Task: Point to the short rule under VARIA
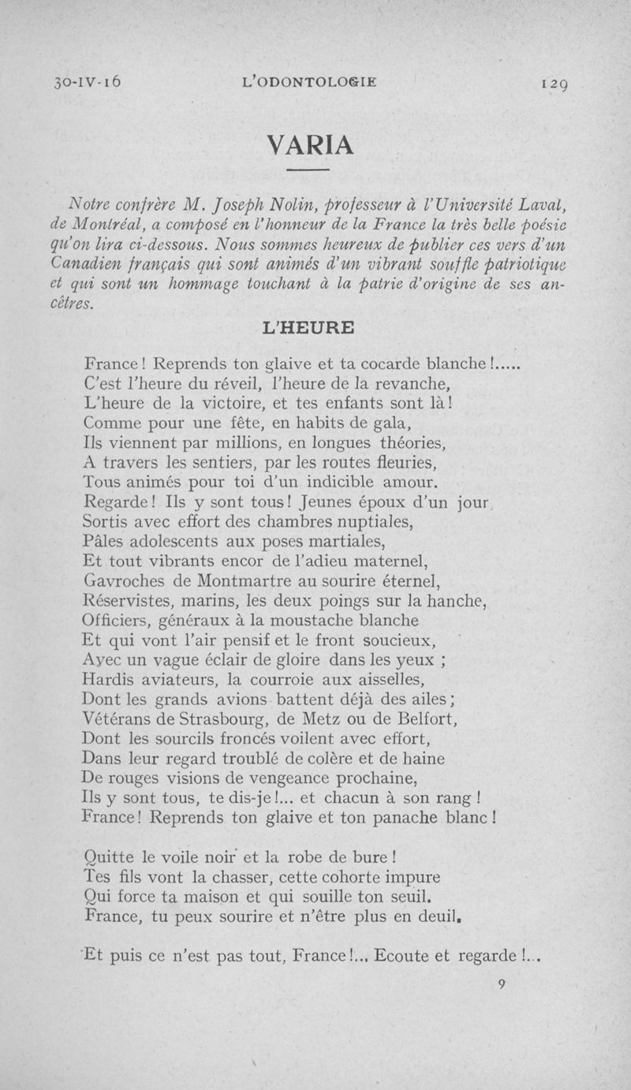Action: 308,170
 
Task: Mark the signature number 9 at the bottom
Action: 501,983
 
